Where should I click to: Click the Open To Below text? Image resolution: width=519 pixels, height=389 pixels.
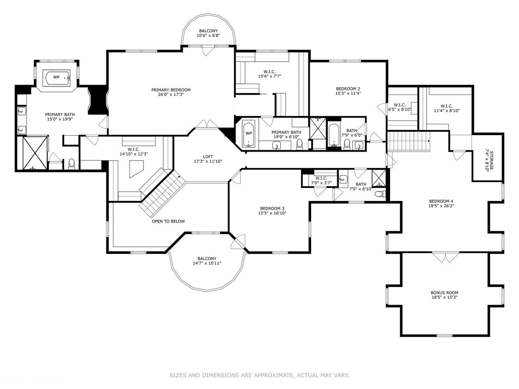pos(168,221)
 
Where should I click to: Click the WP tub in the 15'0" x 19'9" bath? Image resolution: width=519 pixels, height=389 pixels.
pos(58,77)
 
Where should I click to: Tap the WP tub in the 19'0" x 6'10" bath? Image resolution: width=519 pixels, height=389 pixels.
pos(248,133)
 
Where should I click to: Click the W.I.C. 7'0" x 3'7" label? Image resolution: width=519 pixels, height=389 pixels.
pos(321,180)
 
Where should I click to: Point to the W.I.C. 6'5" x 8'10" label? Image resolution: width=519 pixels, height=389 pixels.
pos(400,107)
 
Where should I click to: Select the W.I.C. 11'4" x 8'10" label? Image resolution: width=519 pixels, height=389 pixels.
pos(447,108)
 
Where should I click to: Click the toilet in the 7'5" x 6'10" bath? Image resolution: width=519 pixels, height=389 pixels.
pos(380,194)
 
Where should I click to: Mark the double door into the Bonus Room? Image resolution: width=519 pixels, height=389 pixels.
pos(446,257)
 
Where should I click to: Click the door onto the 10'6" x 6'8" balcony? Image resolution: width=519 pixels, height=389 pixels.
pos(208,51)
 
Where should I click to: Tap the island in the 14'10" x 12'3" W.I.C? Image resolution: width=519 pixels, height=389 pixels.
pos(136,169)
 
